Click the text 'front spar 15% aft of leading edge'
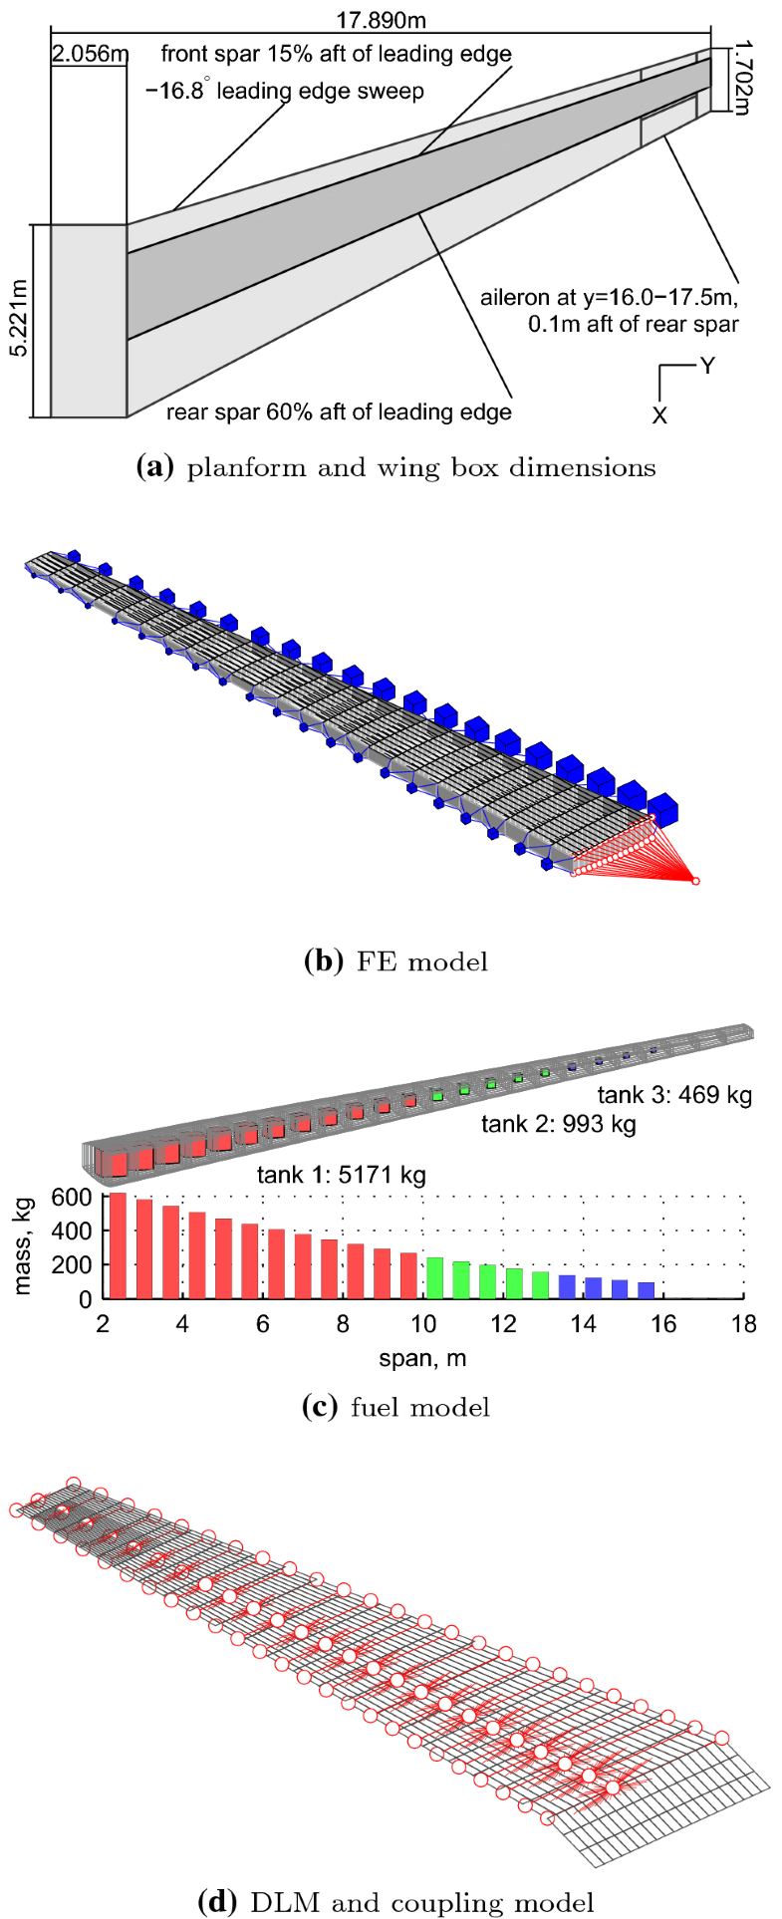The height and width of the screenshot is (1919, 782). (x=336, y=54)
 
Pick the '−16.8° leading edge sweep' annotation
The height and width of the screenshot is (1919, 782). (x=285, y=92)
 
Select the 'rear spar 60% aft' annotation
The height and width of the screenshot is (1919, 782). (x=338, y=411)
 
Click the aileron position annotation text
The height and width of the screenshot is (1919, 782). (x=609, y=310)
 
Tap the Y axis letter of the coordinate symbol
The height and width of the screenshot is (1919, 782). (x=707, y=367)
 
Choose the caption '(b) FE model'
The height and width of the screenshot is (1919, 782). (x=395, y=961)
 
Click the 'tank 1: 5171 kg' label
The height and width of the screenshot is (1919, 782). (x=341, y=1175)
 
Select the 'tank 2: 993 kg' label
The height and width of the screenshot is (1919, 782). (x=558, y=1125)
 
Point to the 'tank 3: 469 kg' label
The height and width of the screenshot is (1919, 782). (x=674, y=1095)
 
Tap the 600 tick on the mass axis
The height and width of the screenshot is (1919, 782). (x=78, y=1197)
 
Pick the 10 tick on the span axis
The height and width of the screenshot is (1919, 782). (x=423, y=1324)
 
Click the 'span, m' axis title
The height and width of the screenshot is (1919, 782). (x=422, y=1357)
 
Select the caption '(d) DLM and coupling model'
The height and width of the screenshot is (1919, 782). (x=395, y=1902)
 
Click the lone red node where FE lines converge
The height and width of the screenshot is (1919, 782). (x=695, y=881)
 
